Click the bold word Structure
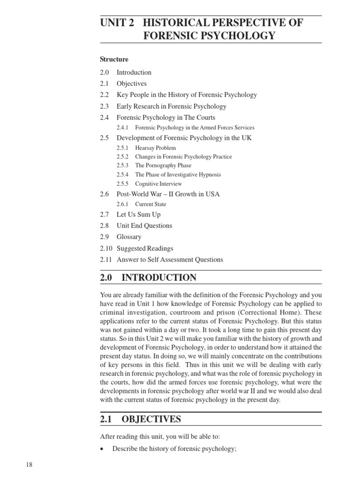click(114, 60)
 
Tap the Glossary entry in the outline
click(129, 237)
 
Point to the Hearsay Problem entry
click(156, 148)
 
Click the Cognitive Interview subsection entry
click(158, 183)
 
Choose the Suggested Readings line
click(145, 248)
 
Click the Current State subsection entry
click(150, 204)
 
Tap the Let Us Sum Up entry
click(138, 214)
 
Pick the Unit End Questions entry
click(144, 225)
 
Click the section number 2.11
click(105, 259)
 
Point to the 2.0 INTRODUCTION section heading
click(148, 277)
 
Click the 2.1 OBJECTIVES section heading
click(141, 419)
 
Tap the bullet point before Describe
click(102, 449)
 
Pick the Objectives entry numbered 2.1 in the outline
click(132, 83)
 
